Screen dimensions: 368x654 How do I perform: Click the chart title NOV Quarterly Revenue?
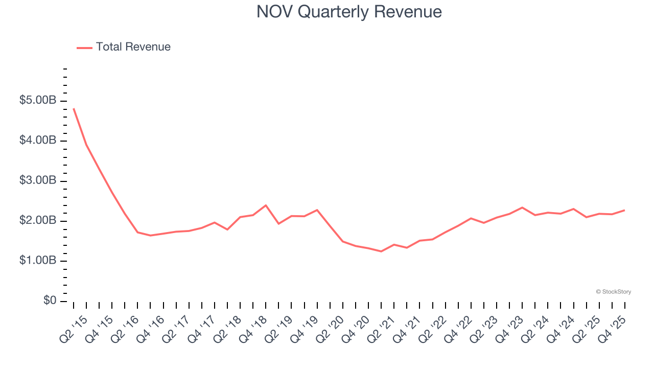pos(349,12)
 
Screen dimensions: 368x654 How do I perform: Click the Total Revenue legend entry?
pos(124,47)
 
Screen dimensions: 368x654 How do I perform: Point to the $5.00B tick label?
pos(38,101)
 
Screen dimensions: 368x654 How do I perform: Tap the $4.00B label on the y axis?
pos(38,141)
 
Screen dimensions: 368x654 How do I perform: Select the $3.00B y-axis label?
pos(38,181)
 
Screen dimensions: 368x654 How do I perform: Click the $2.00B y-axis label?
pos(38,221)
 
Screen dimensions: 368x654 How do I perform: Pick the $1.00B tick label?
pos(38,261)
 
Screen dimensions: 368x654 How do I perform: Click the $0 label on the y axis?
pos(50,301)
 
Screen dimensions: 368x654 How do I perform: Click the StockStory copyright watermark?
pos(613,292)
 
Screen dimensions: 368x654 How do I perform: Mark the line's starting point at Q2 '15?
pos(74,108)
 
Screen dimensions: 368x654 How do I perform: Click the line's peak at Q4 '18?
pos(266,205)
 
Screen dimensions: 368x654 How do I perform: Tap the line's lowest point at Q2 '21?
pos(381,251)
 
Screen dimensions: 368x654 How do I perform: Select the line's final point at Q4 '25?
pos(624,210)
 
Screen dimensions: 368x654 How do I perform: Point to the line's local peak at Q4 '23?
pos(522,208)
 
